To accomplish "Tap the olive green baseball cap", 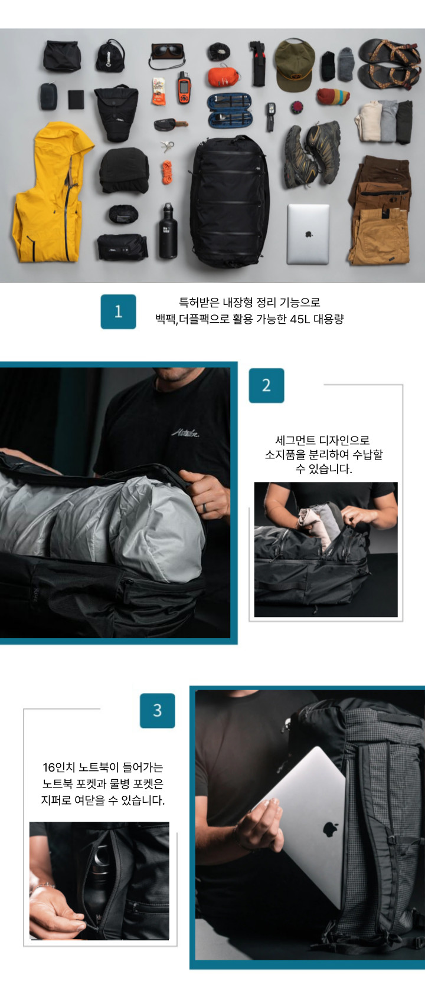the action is [295, 64].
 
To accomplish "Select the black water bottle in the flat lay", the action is [168, 231].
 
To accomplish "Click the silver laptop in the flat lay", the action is [308, 234].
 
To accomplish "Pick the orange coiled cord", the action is [167, 172].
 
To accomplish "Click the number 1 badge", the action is [118, 311].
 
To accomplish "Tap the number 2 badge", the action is [267, 385].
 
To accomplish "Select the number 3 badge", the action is [158, 710].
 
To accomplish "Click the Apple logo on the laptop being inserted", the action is [330, 829].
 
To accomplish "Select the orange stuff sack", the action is [224, 77].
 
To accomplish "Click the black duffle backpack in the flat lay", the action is [229, 202].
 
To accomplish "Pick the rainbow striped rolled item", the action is [333, 96].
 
